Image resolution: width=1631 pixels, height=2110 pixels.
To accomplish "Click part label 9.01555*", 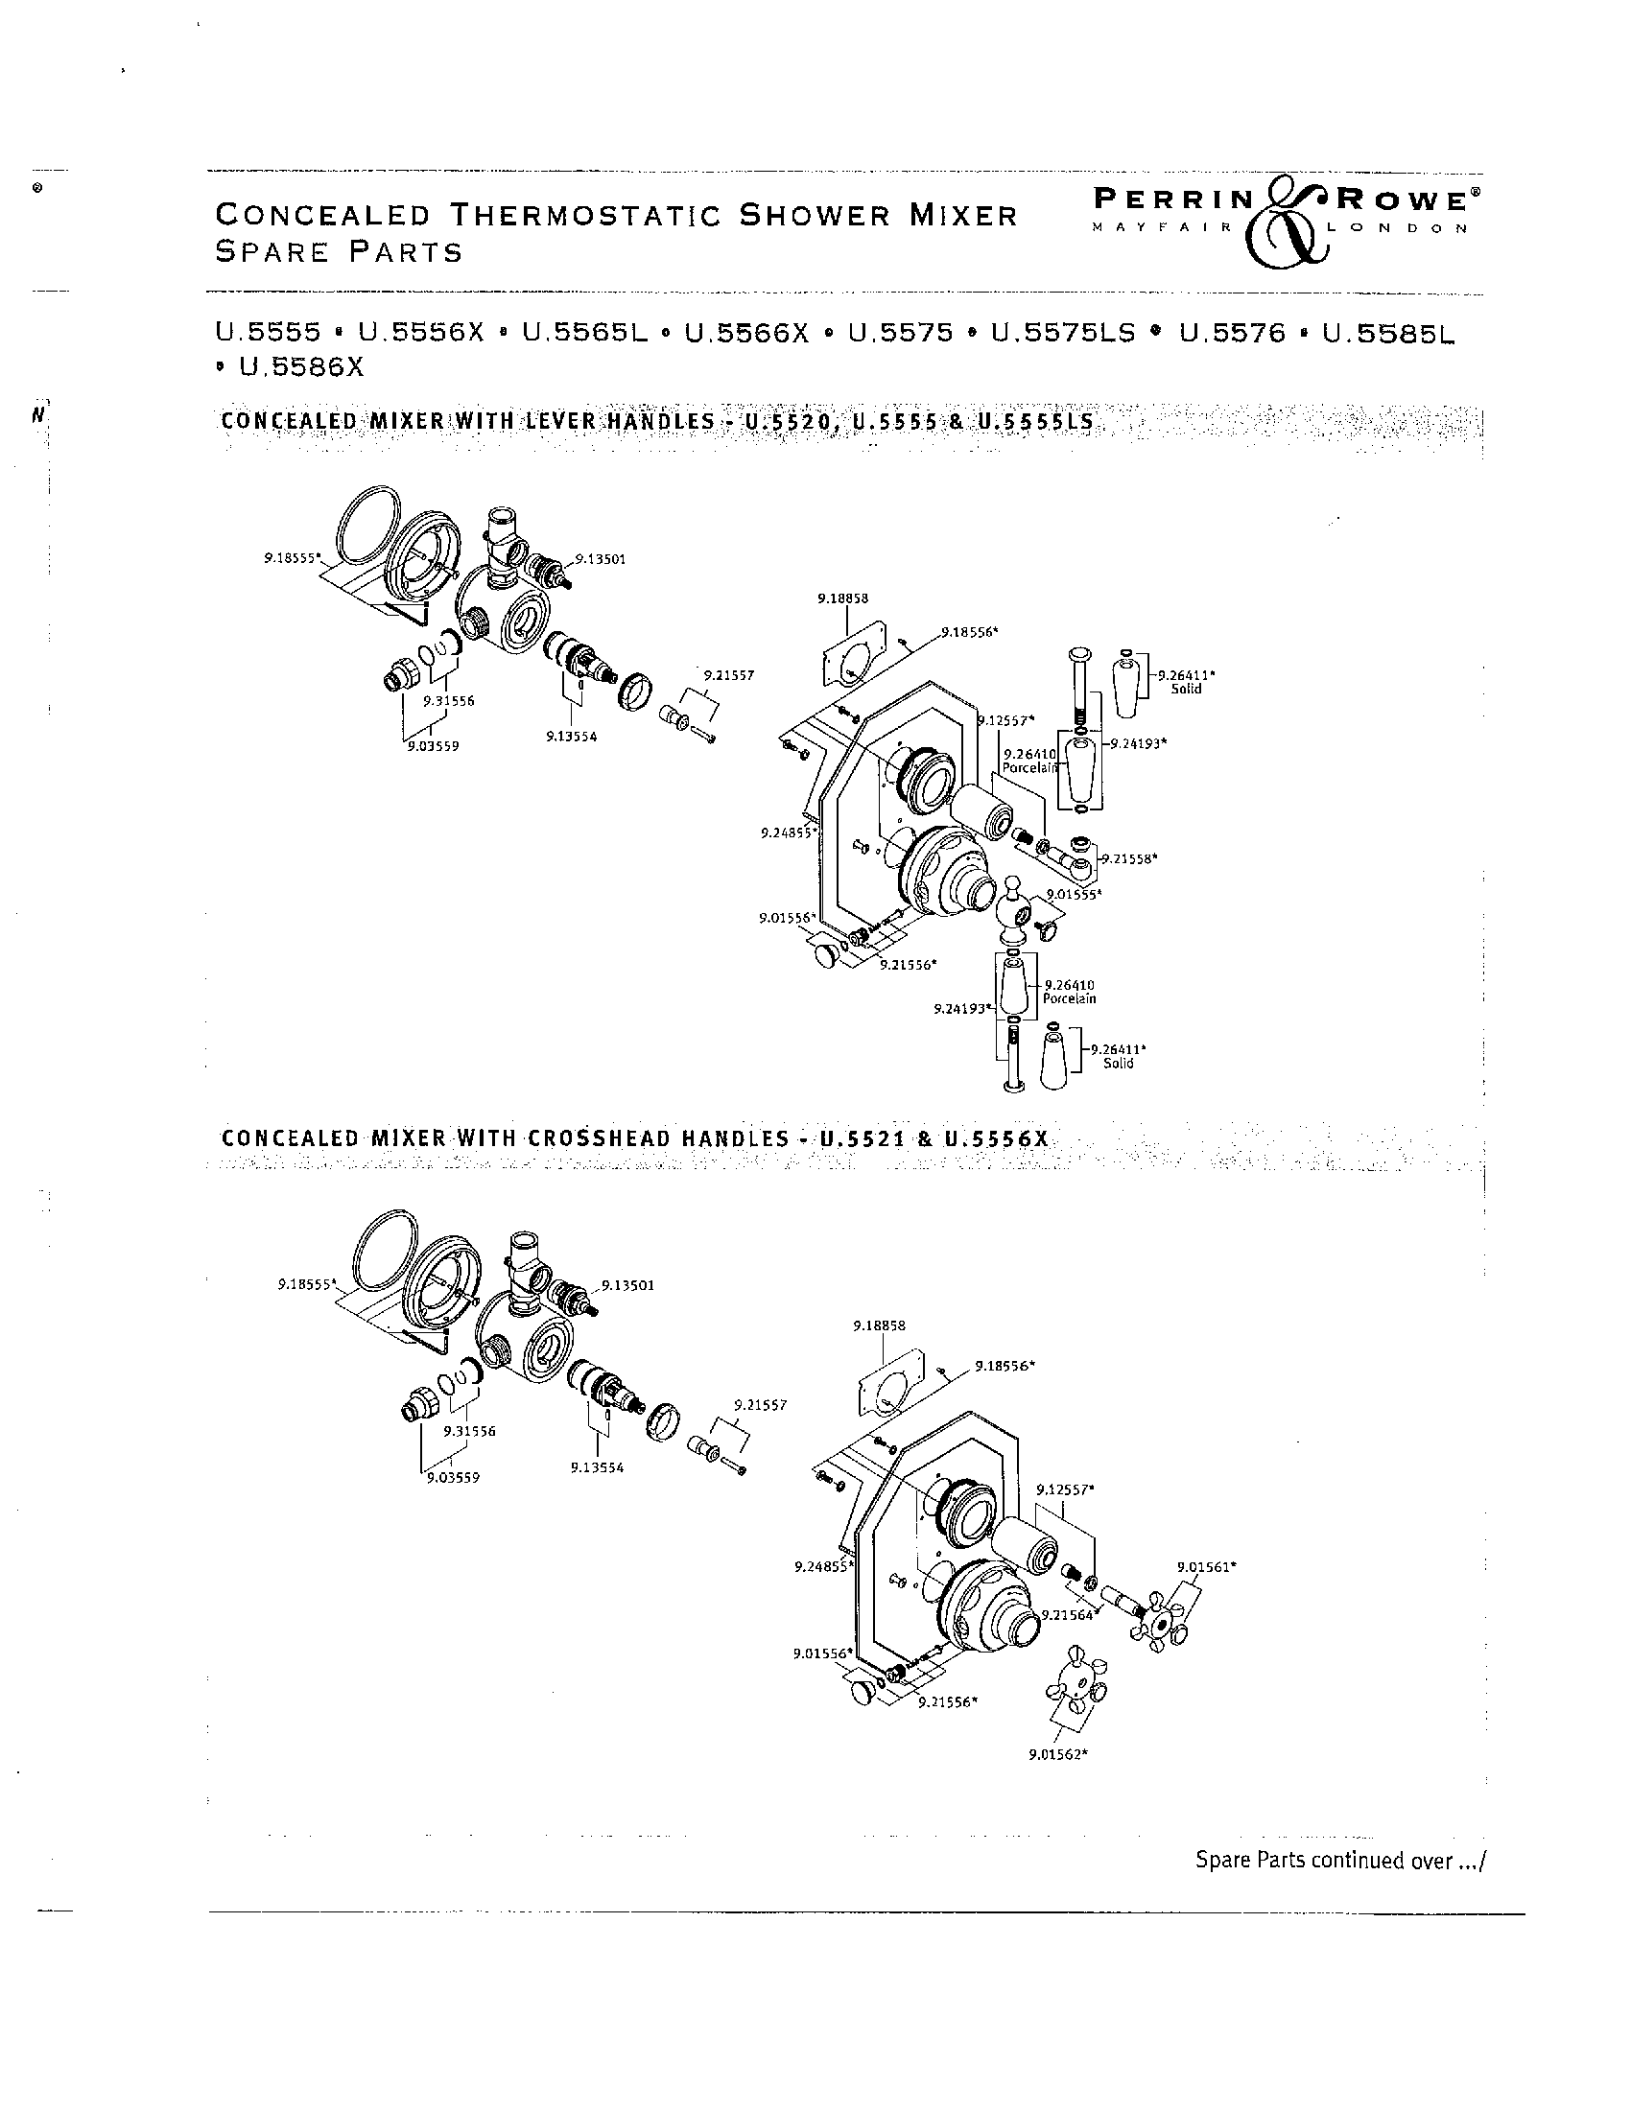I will tap(1074, 894).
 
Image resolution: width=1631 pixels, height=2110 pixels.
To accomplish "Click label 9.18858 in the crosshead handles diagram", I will tap(879, 1325).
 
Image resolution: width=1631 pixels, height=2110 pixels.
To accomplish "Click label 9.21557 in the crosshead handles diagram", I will tap(761, 1405).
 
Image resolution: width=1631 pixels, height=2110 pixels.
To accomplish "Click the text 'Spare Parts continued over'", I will tap(1337, 1860).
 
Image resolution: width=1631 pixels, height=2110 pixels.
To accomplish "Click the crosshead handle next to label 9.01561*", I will tap(1159, 1624).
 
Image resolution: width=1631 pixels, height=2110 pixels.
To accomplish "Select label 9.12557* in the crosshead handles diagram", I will tap(1065, 1489).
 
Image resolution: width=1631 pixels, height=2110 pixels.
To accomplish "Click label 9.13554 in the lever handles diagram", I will tap(571, 737).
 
